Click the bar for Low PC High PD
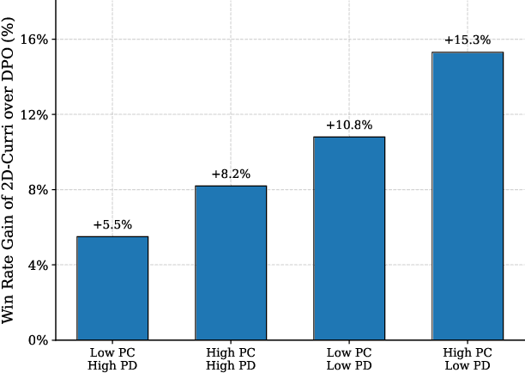pos(112,288)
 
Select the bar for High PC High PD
pos(231,262)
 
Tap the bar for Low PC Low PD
pos(349,238)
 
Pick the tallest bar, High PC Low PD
pos(468,196)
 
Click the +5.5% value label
pos(112,225)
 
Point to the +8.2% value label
pos(231,174)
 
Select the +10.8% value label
pos(349,125)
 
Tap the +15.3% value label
pos(468,40)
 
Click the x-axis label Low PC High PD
pos(112,359)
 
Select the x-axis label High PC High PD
pos(231,359)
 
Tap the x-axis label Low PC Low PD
pos(349,359)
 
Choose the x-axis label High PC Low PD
pos(468,359)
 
